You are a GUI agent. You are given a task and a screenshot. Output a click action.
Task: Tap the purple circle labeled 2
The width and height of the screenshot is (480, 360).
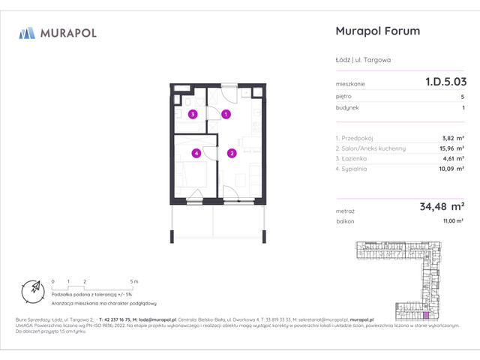(232, 154)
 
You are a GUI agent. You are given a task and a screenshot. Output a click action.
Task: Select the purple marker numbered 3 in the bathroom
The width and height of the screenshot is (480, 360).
(193, 115)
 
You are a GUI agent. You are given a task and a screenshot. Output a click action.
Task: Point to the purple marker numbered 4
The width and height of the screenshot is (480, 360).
(196, 154)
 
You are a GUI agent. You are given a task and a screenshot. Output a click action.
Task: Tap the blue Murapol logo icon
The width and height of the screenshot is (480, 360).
(27, 32)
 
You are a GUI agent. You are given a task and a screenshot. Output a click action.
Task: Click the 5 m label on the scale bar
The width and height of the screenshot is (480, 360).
(133, 280)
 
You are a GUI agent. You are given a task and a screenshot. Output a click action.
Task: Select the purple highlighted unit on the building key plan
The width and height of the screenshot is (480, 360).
(427, 307)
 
